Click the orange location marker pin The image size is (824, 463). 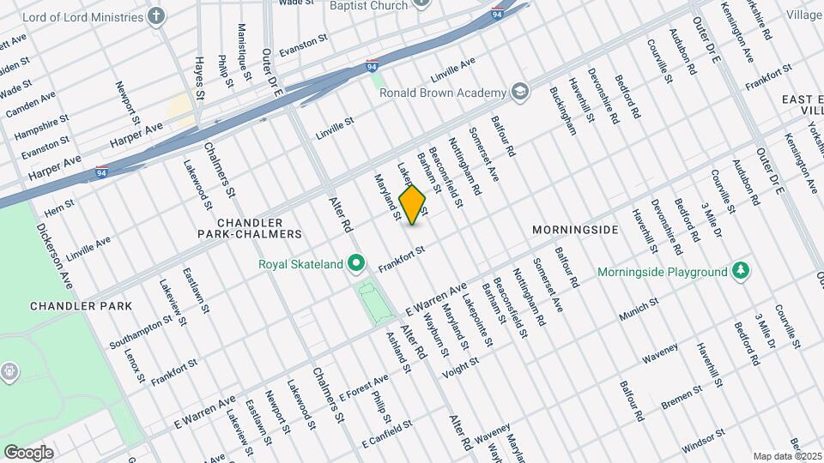point(413,205)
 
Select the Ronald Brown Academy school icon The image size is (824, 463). point(520,91)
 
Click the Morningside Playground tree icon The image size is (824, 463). point(741,272)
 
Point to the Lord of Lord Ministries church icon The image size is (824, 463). point(156,16)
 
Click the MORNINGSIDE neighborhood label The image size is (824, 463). point(574,231)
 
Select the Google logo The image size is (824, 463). point(28,452)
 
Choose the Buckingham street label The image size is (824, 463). point(563,111)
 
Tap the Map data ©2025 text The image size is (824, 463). point(785,454)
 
